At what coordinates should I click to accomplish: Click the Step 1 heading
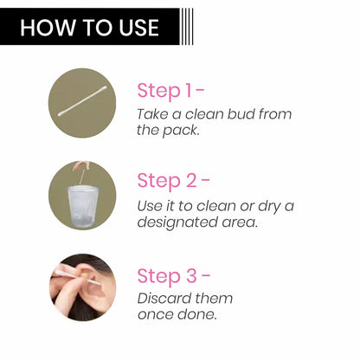tap(170, 91)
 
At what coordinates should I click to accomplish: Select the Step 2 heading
tap(173, 181)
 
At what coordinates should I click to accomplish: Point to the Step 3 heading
tap(173, 276)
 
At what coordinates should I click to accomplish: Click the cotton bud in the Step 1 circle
tap(82, 101)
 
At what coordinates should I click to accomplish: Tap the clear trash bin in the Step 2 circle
tap(82, 207)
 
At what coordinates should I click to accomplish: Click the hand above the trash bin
tap(80, 166)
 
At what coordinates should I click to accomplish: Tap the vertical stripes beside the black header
tap(187, 27)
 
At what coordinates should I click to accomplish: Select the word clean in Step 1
tap(205, 114)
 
